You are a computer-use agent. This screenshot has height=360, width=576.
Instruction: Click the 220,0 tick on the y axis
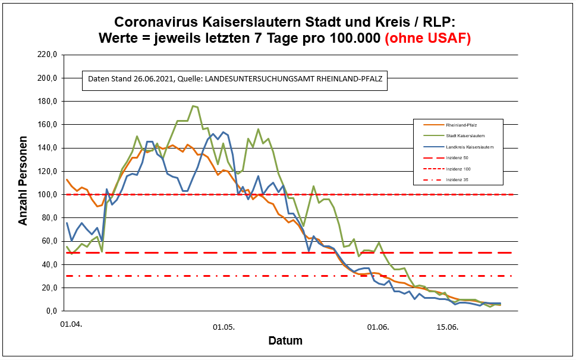pyautogui.click(x=46, y=55)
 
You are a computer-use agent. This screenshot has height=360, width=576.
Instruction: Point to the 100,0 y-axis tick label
pyautogui.click(x=46, y=194)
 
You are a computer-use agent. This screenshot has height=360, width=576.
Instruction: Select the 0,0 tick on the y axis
pyautogui.click(x=50, y=311)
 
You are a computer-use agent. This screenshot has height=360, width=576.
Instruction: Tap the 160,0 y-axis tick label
pyautogui.click(x=46, y=125)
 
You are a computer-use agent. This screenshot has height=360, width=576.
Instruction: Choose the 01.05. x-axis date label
pyautogui.click(x=224, y=327)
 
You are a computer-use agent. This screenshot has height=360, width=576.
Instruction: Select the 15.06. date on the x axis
pyautogui.click(x=448, y=327)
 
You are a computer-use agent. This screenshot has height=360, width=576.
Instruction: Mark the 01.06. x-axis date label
pyautogui.click(x=378, y=327)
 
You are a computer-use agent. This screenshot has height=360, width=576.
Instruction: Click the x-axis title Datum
pyautogui.click(x=285, y=341)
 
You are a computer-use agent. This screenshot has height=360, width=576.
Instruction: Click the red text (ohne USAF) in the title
pyautogui.click(x=427, y=38)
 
